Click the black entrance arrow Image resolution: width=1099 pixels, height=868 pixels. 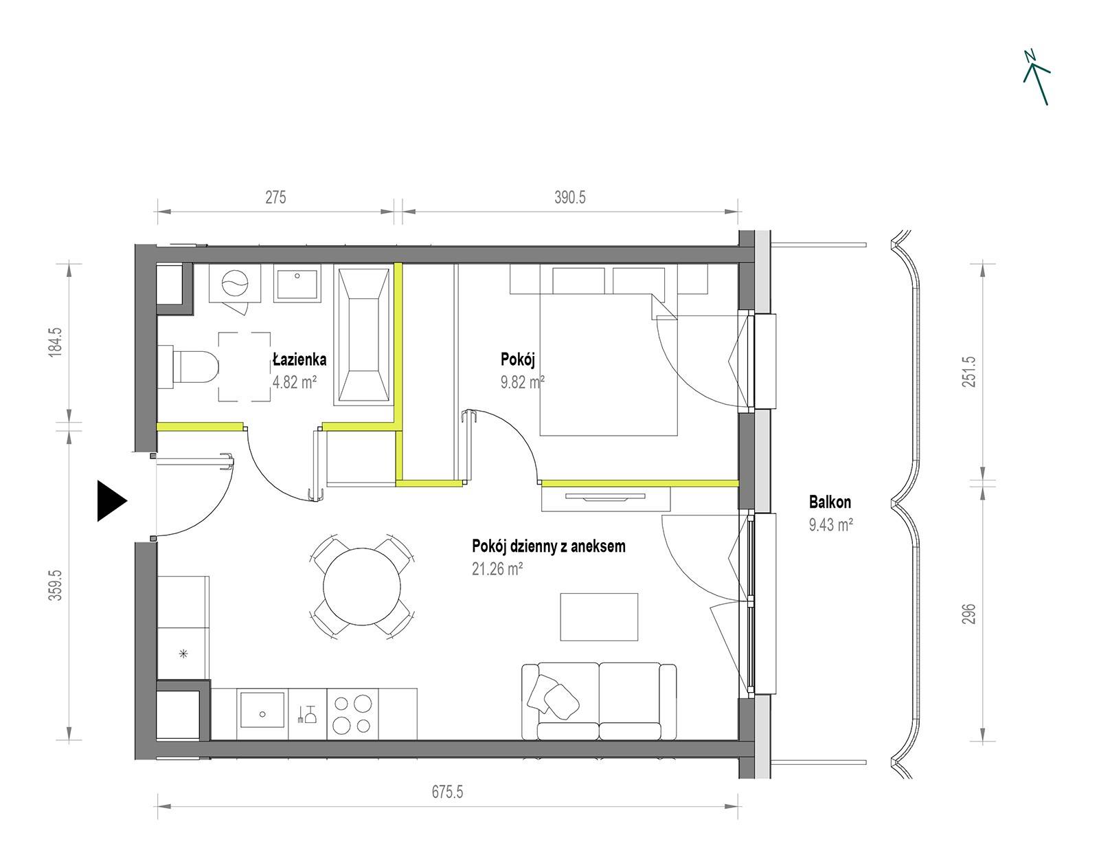click(110, 501)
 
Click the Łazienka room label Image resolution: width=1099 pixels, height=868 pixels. click(299, 359)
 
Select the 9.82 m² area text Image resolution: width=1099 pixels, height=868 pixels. click(523, 381)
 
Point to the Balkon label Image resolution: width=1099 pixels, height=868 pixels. click(830, 502)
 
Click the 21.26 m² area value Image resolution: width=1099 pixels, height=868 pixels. click(497, 568)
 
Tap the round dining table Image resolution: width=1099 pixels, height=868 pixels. click(362, 586)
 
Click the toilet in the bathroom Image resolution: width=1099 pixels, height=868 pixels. click(188, 366)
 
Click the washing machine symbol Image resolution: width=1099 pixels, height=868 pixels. click(236, 283)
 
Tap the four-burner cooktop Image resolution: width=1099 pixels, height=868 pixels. click(352, 713)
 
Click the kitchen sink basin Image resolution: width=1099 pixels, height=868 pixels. click(262, 710)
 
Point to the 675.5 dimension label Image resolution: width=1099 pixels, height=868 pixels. click(447, 792)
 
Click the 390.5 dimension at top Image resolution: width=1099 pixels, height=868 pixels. click(570, 197)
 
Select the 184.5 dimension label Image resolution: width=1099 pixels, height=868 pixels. click(55, 342)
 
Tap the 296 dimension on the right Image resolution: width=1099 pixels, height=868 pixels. click(968, 614)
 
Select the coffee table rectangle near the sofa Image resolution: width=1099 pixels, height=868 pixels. click(599, 616)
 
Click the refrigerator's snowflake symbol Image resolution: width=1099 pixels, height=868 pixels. click(184, 654)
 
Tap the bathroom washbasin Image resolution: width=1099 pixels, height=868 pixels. click(297, 283)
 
